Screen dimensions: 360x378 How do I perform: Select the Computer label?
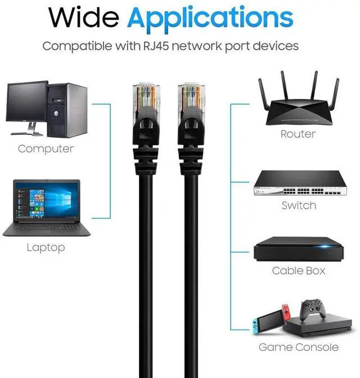[46, 149]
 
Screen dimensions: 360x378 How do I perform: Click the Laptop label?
[46, 247]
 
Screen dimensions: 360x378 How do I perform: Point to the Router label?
[298, 134]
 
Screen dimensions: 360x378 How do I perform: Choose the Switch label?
[299, 206]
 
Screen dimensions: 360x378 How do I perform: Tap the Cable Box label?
[299, 271]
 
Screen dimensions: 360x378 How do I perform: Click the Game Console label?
[299, 347]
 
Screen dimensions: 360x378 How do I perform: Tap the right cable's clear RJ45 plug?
[189, 96]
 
